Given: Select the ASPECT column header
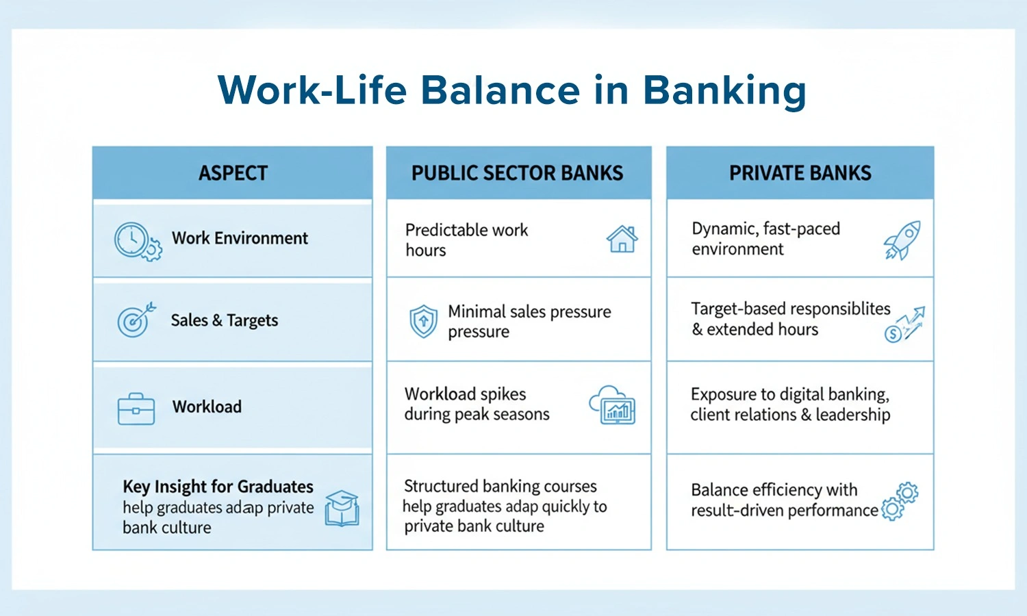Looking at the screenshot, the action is [233, 173].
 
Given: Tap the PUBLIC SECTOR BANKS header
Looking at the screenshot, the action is [517, 173].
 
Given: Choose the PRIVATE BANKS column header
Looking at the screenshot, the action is [800, 173].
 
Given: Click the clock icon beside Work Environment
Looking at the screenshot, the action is [138, 242].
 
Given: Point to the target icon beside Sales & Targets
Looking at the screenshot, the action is [136, 320].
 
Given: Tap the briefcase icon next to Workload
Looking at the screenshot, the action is [136, 409].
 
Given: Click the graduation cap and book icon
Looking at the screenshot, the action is [342, 508].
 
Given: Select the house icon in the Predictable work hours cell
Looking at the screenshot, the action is [622, 239].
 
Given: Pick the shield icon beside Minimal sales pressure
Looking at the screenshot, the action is [423, 321].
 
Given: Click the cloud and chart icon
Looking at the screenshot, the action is [613, 405].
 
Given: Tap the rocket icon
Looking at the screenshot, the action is [902, 240].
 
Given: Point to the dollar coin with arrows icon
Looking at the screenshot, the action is [904, 324].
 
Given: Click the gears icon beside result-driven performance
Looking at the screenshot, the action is [900, 501].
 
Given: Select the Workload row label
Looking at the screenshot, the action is [207, 407].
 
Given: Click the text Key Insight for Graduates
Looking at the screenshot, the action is [218, 487].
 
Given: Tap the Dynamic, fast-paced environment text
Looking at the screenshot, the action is [765, 239].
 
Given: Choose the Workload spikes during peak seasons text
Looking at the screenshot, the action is [477, 404].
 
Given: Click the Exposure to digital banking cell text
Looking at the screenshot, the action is [790, 405].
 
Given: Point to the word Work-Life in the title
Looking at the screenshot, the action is [312, 90].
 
